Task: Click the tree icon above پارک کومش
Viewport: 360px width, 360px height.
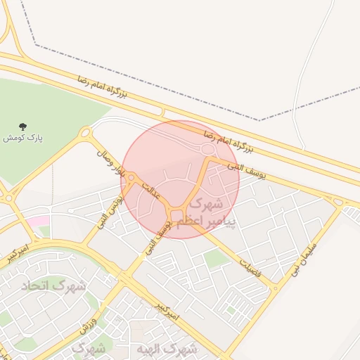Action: tap(23, 127)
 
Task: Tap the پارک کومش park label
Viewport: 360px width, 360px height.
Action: tap(23, 139)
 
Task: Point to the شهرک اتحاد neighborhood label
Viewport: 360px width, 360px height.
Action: tap(63, 286)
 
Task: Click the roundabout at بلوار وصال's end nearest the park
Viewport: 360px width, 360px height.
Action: tap(85, 132)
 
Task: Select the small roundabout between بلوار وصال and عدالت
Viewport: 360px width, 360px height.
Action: tap(130, 177)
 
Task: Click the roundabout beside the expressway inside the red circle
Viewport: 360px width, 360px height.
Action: tap(207, 149)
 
